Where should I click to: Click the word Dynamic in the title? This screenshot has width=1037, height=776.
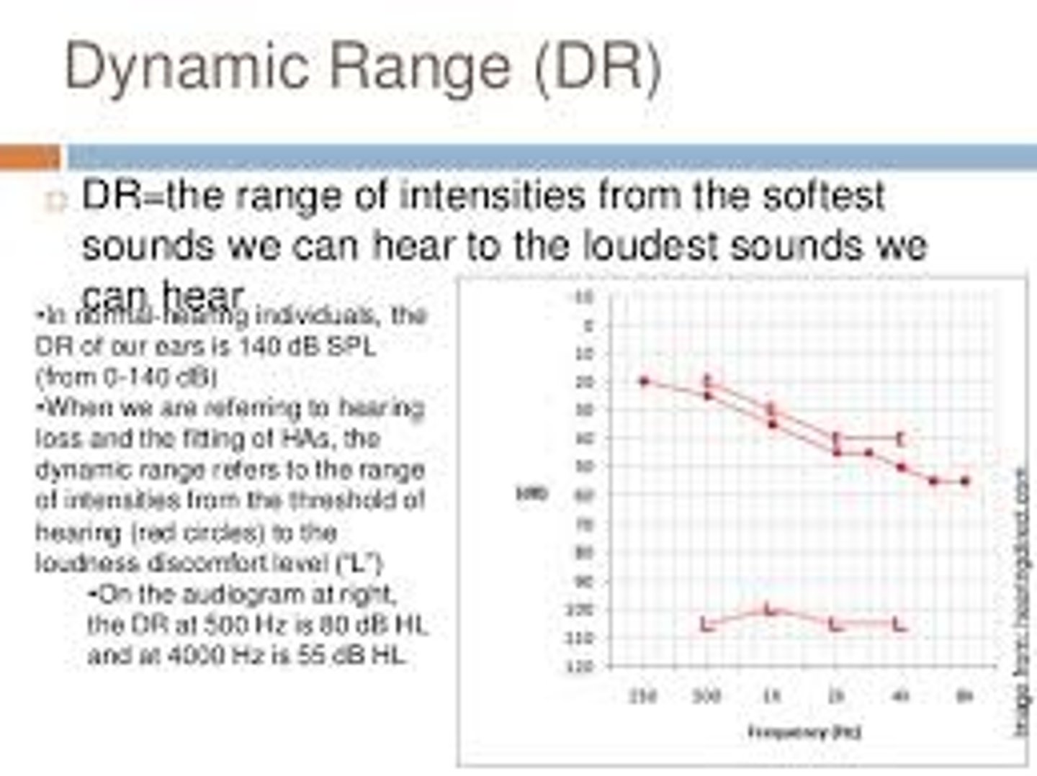188,67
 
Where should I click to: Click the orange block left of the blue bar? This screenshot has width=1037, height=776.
30,156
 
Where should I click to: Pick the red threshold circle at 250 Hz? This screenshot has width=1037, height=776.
645,381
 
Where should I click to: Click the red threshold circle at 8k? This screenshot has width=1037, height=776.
966,480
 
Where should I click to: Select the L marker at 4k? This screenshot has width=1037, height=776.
899,625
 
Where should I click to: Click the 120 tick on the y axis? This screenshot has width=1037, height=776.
584,667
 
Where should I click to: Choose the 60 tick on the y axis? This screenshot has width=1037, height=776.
584,495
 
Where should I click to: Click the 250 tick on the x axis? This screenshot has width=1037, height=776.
643,695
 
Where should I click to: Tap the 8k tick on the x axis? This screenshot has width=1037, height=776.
964,695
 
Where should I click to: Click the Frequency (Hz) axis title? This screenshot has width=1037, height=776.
804,733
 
